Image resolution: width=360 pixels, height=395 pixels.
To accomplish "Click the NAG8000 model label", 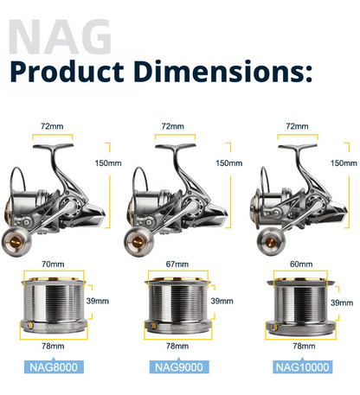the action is point(54,367).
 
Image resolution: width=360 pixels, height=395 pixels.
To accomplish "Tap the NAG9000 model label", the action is point(179,367).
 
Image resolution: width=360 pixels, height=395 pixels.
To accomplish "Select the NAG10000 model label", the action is point(303,367).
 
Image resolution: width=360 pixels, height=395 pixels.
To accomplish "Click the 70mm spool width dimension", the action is point(53,264).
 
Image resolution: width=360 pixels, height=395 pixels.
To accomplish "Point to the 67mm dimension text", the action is point(177,264).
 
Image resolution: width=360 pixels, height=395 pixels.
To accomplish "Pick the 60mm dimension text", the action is point(301,264).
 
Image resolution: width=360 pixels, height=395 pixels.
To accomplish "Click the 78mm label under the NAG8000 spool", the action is point(53,346).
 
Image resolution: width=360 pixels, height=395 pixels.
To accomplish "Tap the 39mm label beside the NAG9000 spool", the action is point(222,301).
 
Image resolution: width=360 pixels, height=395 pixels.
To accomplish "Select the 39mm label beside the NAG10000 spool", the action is point(342,303).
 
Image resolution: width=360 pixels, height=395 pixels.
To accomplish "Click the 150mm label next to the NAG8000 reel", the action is point(108,163).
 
